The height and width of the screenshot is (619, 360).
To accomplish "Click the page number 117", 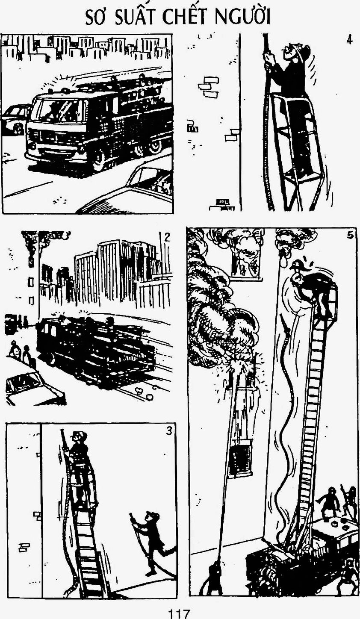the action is click(x=180, y=613).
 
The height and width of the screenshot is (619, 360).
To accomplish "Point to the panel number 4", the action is click(x=349, y=40).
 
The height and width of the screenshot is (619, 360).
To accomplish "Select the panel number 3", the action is click(x=169, y=431).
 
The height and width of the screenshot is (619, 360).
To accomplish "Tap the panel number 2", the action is click(x=167, y=237).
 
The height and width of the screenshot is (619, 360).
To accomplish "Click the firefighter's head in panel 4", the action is click(x=298, y=53).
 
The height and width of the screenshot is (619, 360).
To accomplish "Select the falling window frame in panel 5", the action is click(x=240, y=457).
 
